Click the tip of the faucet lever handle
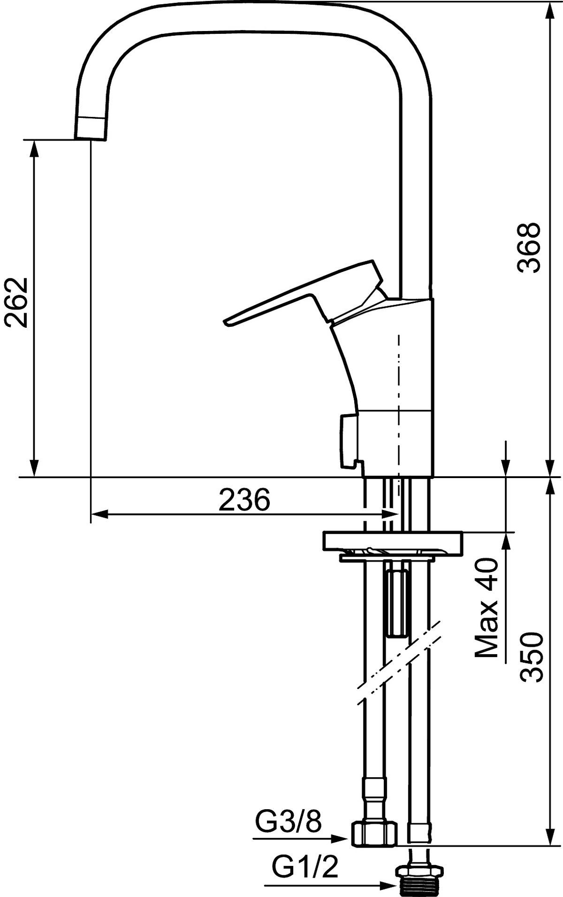pyautogui.click(x=227, y=323)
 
